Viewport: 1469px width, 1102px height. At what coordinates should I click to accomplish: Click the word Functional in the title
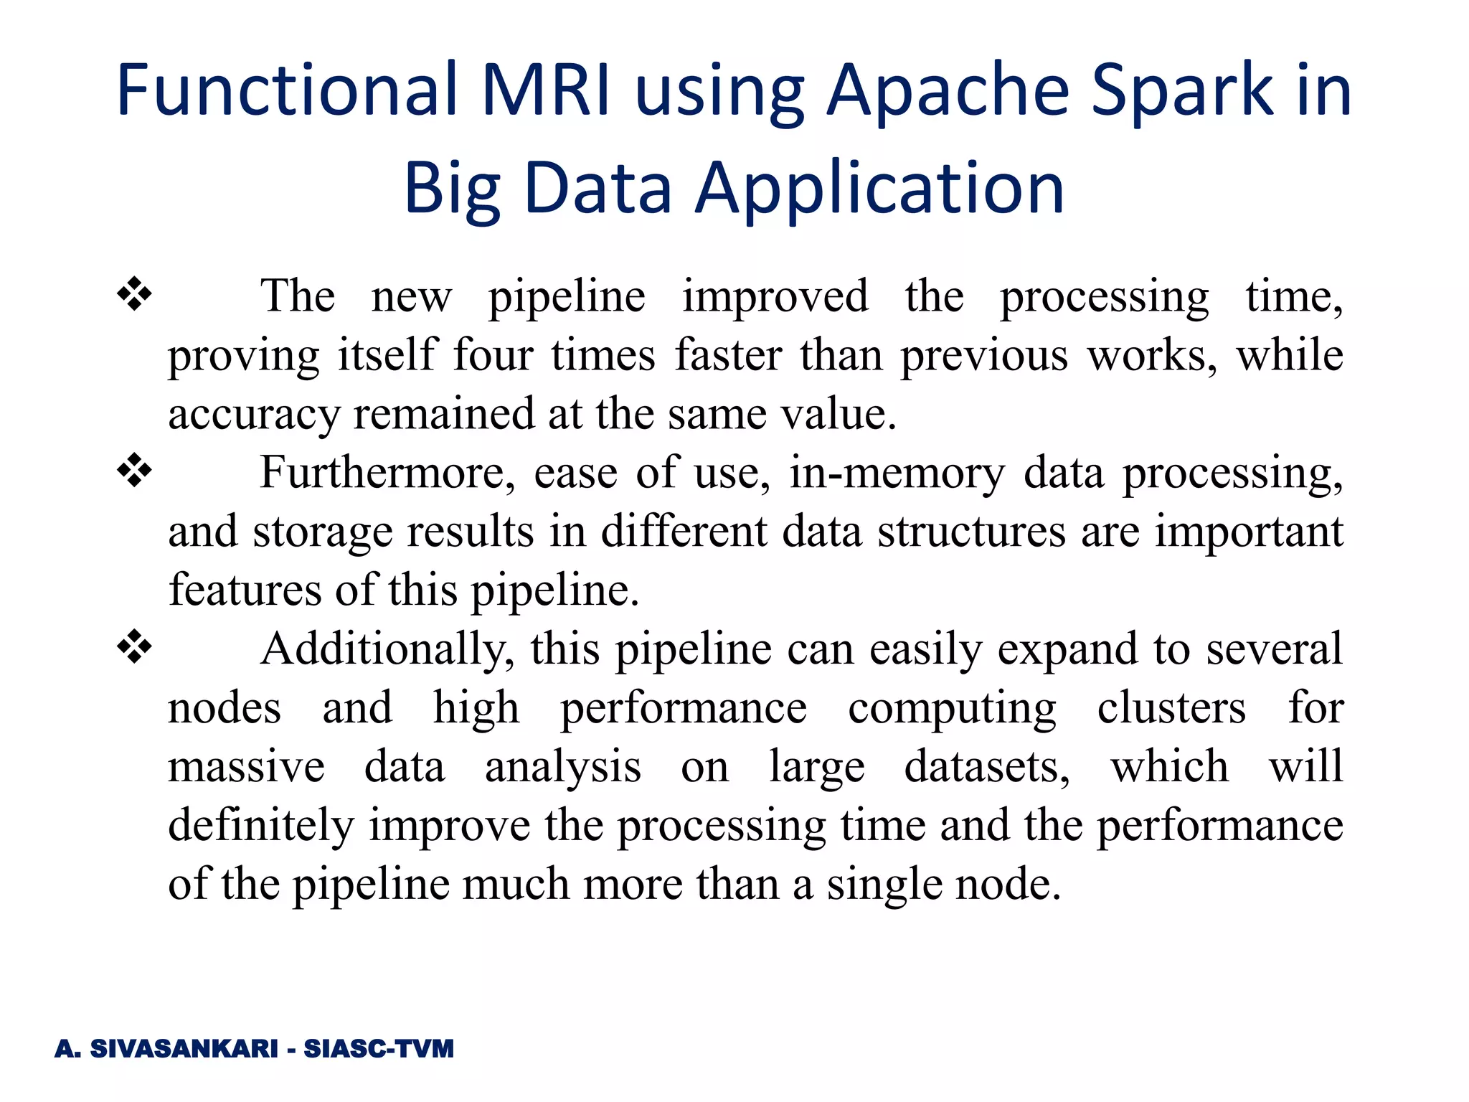click(287, 90)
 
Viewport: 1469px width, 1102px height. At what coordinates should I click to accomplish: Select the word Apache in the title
click(948, 90)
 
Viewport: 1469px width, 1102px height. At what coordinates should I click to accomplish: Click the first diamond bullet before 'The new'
click(135, 295)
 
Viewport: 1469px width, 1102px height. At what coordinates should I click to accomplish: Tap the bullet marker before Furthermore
click(135, 471)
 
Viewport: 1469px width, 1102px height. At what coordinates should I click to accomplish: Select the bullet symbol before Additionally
click(135, 648)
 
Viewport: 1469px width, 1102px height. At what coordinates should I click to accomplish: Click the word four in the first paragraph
click(493, 355)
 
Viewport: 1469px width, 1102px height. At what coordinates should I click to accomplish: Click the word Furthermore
click(387, 473)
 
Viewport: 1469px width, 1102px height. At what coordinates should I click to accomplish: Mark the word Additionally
click(387, 649)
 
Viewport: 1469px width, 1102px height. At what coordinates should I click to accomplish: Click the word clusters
click(1171, 708)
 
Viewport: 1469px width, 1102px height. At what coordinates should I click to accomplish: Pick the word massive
click(246, 767)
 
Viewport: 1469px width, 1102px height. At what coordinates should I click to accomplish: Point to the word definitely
click(260, 826)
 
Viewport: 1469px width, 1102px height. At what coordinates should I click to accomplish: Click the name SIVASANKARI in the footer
click(184, 1049)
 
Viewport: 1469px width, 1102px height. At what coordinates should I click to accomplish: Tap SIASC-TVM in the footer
click(379, 1049)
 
